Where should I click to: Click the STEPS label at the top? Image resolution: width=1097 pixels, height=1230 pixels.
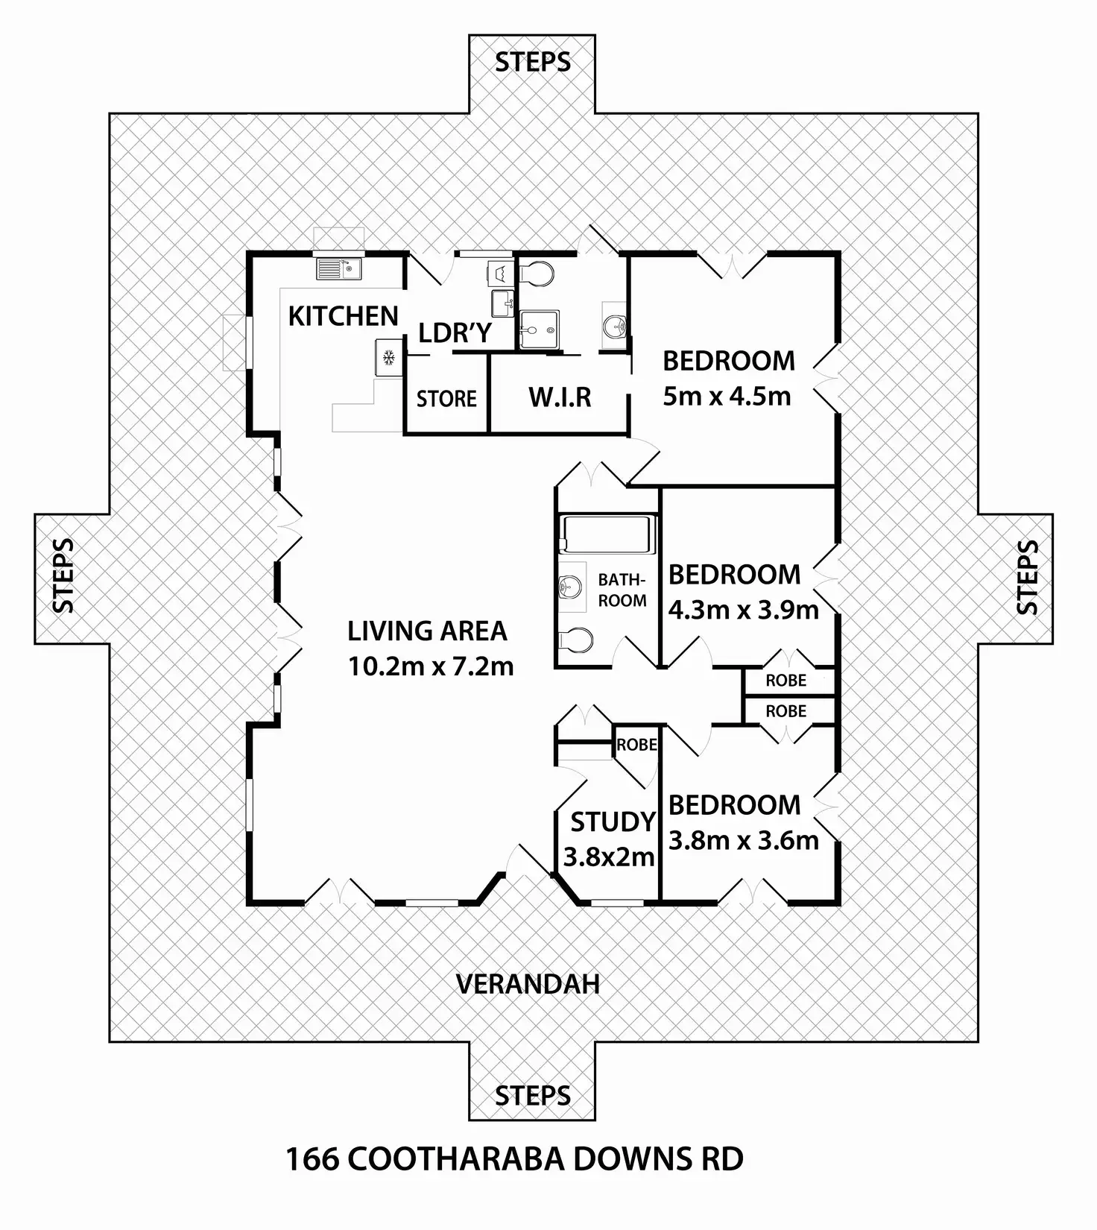point(533,62)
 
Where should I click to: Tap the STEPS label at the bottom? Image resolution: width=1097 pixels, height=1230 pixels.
point(533,1096)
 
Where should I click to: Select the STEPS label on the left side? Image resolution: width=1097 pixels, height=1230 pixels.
point(65,576)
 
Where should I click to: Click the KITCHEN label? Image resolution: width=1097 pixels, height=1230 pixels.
point(343,316)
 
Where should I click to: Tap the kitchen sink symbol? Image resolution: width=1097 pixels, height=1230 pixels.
point(338,268)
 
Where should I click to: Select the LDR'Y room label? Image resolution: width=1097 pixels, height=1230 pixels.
point(455,333)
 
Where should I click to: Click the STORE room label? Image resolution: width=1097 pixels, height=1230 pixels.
point(446,399)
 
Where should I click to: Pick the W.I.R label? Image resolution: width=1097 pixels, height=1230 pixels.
point(560,397)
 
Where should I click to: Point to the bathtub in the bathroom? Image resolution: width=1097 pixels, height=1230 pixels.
point(607,534)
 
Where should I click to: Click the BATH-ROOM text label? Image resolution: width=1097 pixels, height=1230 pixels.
point(622,590)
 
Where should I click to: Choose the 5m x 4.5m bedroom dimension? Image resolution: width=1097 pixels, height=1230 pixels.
point(727,396)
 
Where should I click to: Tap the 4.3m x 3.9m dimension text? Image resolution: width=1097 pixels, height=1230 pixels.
point(743,610)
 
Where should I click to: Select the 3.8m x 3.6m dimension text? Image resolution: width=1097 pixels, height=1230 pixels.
point(743,840)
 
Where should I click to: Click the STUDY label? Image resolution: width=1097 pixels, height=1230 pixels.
point(613,821)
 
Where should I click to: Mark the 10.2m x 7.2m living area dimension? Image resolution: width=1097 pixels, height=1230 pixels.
point(431,666)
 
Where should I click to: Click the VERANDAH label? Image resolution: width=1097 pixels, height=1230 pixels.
point(528,984)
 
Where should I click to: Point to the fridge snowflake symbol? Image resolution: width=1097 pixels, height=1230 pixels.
point(388,359)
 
